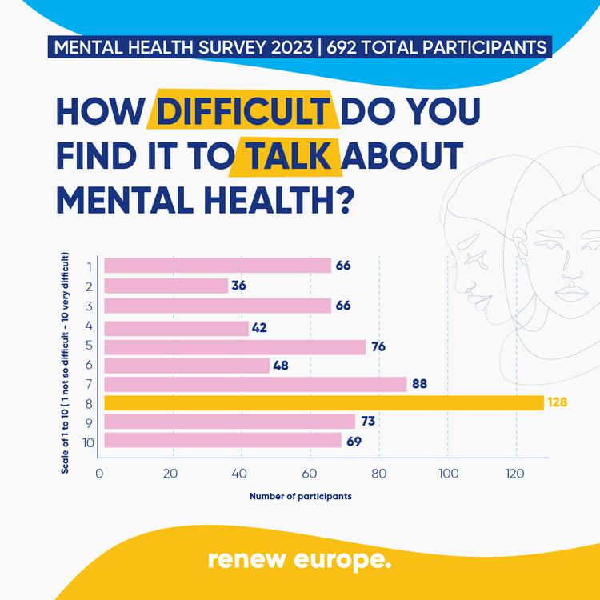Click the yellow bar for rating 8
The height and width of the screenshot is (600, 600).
324,402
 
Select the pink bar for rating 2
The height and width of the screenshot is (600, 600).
166,286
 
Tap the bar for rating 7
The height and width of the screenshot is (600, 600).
255,384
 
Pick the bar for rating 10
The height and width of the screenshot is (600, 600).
223,440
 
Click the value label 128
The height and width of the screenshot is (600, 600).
557,402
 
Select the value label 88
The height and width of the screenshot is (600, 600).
419,384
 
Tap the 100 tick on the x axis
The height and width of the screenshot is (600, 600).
446,473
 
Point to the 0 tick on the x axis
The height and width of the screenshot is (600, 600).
99,473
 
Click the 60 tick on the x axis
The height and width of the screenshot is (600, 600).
310,473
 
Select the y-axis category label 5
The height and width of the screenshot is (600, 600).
90,346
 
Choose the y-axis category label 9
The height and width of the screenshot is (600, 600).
90,422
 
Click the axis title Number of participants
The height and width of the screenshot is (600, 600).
301,496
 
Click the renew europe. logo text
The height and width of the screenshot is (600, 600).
300,559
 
